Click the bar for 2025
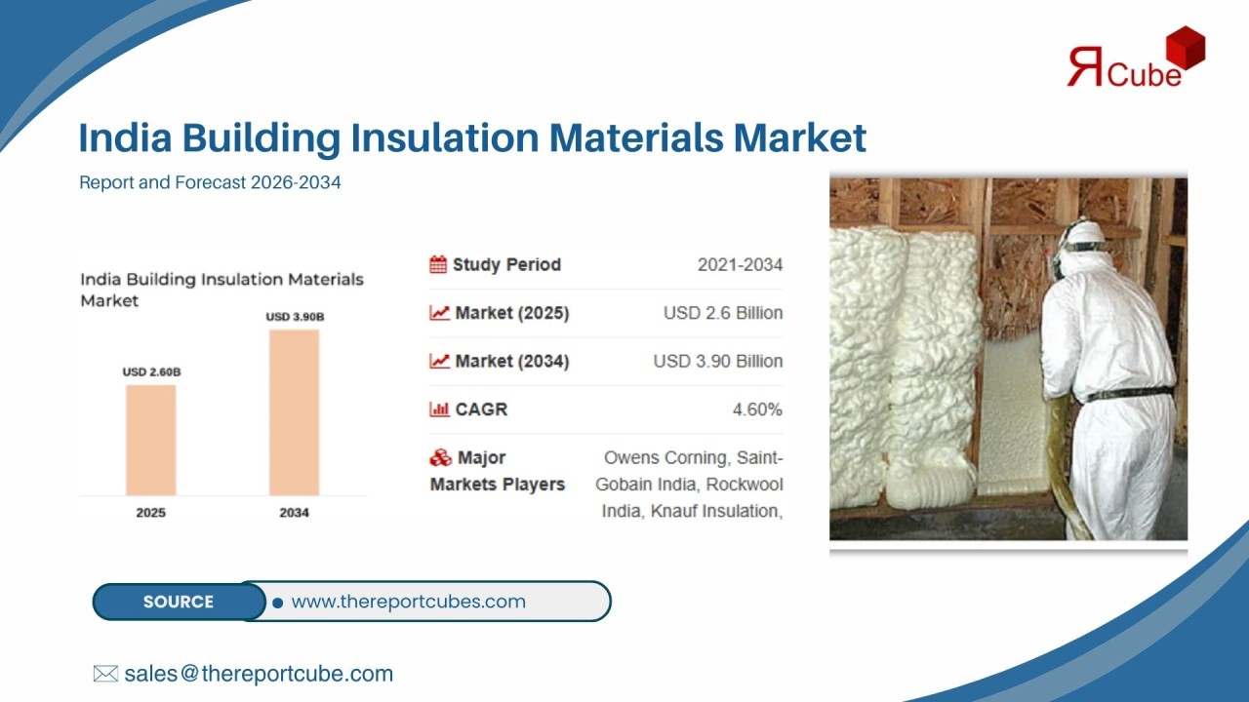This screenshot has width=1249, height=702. [x=150, y=440]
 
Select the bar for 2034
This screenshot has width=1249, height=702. [x=294, y=412]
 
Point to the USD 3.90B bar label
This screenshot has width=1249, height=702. [x=295, y=317]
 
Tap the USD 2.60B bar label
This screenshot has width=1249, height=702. [x=151, y=371]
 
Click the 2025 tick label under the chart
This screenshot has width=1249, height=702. [x=150, y=513]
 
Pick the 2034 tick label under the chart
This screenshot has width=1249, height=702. [x=294, y=513]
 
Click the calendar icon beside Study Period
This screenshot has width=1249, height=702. [x=438, y=264]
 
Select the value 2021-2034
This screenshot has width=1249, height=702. [x=740, y=264]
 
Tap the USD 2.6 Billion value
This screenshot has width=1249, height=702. [x=723, y=313]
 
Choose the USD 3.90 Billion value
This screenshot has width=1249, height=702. [x=718, y=361]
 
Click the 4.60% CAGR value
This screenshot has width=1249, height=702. [x=757, y=409]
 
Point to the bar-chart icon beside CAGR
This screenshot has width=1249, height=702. [x=439, y=409]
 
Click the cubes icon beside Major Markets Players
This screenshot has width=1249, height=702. [x=440, y=458]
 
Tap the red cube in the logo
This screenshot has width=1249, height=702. [x=1185, y=48]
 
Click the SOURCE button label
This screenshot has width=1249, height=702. [x=179, y=602]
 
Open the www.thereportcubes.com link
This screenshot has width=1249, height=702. [x=408, y=602]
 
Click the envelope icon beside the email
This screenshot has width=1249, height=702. [x=105, y=674]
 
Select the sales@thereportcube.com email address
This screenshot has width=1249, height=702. [x=259, y=674]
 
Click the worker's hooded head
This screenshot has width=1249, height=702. [x=1082, y=245]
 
